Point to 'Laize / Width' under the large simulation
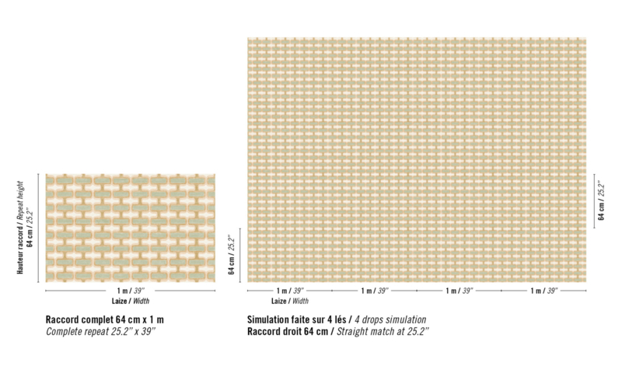(x=289, y=301)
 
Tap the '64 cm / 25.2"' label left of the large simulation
(x=232, y=254)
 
